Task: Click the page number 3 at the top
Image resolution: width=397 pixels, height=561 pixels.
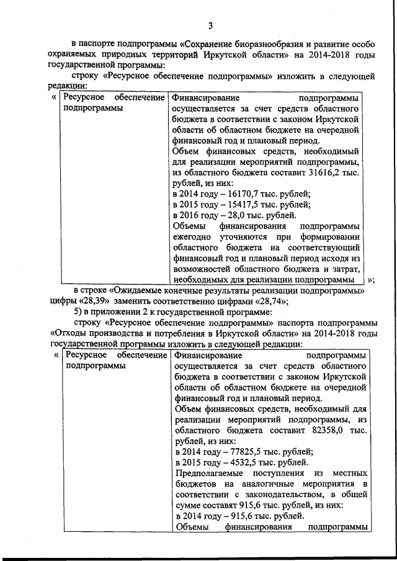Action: pyautogui.click(x=210, y=25)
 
